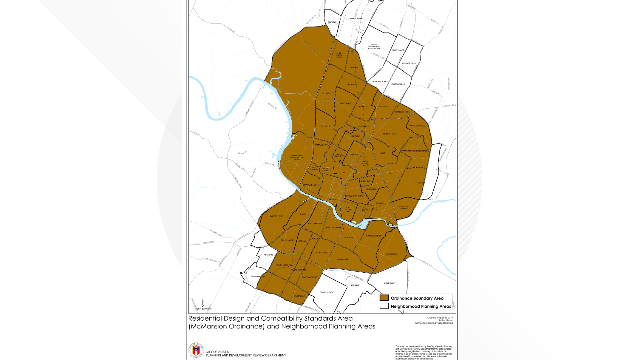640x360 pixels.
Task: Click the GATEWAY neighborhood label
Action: click(332, 22)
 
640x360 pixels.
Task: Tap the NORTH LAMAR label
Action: click(398, 50)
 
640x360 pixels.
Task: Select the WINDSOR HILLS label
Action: click(409, 63)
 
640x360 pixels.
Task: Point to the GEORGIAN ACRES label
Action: click(380, 81)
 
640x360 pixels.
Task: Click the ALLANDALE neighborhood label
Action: click(327, 93)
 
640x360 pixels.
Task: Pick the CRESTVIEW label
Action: click(352, 84)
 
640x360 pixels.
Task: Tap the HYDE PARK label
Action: click(354, 136)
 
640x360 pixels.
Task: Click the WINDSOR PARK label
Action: click(389, 134)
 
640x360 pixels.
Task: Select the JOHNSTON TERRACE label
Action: click(403, 207)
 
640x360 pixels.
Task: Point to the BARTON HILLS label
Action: click(276, 216)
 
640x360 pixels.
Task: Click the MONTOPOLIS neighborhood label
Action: click(391, 254)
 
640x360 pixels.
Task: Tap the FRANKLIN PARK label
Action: click(326, 292)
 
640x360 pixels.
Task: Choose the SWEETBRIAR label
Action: click(300, 296)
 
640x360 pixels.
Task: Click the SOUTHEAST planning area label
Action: click(389, 283)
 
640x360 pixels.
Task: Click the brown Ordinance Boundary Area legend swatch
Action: click(384, 298)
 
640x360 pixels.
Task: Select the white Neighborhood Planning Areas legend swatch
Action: click(384, 306)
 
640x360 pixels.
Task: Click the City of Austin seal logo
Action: click(196, 350)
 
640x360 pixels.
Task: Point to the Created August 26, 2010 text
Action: click(440, 318)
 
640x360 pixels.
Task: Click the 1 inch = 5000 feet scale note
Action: click(202, 309)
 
